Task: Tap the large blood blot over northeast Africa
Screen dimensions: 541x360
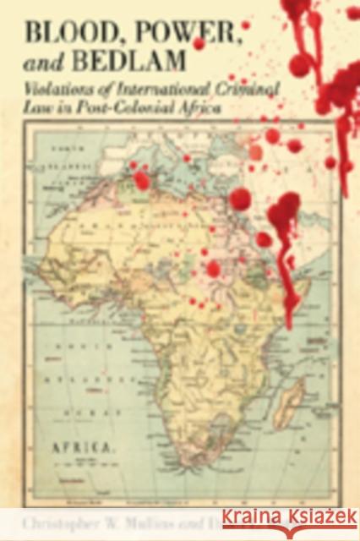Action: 284,209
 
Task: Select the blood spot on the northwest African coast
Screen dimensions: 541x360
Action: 141,180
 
